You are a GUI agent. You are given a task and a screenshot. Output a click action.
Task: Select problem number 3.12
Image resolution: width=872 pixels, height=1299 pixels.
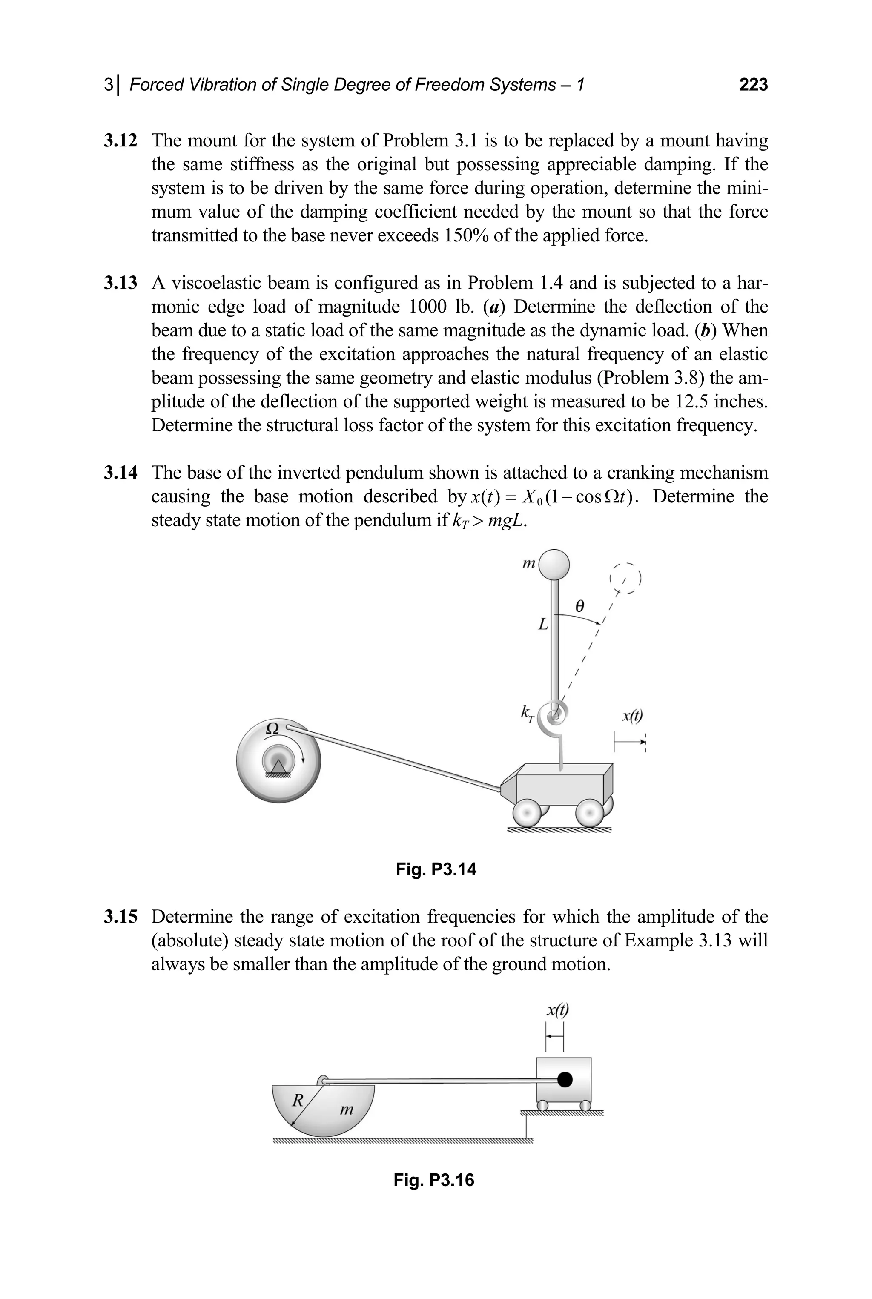pos(120,140)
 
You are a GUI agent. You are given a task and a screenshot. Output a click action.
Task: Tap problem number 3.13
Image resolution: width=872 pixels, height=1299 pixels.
pos(120,283)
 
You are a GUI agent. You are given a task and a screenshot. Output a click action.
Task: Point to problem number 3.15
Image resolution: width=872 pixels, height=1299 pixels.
pos(120,916)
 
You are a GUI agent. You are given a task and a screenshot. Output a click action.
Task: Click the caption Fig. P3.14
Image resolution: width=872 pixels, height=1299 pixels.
pos(436,869)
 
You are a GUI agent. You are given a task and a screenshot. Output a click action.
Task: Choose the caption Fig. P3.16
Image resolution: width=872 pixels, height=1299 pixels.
pos(434,1179)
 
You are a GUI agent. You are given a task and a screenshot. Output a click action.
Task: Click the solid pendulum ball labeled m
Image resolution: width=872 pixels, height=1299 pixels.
pos(554,565)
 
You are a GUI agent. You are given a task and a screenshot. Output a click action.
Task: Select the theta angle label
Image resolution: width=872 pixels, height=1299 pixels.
pos(579,607)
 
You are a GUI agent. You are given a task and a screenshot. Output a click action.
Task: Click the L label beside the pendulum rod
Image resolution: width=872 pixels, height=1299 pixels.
pos(543,625)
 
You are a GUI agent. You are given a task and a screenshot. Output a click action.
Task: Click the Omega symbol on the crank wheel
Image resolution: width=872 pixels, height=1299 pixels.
pos(272,728)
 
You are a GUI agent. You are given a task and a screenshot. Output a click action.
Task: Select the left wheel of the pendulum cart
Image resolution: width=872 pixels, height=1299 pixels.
pos(527,814)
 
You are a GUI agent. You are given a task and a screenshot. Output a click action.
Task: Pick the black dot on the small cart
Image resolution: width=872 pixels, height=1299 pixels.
pos(565,1079)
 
